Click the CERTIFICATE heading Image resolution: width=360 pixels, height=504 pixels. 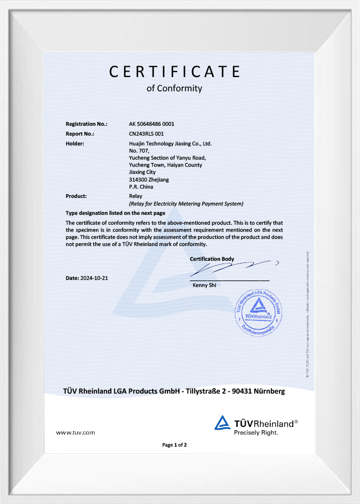coord(175,72)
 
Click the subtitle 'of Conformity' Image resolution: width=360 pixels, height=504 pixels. coord(175,88)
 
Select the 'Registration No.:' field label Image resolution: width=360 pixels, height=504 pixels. coord(86,124)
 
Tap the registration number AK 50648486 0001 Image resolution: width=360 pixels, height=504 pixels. coord(152,124)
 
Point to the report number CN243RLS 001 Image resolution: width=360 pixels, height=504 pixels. coord(146,133)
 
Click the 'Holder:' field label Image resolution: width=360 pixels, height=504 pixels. coord(75,143)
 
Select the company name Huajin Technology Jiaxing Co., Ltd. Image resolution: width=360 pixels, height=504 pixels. coord(170,143)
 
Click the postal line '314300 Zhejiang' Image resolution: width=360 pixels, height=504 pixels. coord(149,180)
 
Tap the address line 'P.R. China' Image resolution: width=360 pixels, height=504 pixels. coord(141,187)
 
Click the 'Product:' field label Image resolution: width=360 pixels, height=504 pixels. coord(77,196)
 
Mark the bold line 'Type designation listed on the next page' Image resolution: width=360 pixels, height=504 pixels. coord(115,213)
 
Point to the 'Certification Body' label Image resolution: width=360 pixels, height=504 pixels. coord(212,259)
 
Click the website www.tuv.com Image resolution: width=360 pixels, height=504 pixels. coord(76,432)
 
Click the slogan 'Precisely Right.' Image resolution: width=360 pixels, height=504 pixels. coord(256,432)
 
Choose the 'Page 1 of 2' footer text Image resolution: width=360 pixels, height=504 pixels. coord(175,445)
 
